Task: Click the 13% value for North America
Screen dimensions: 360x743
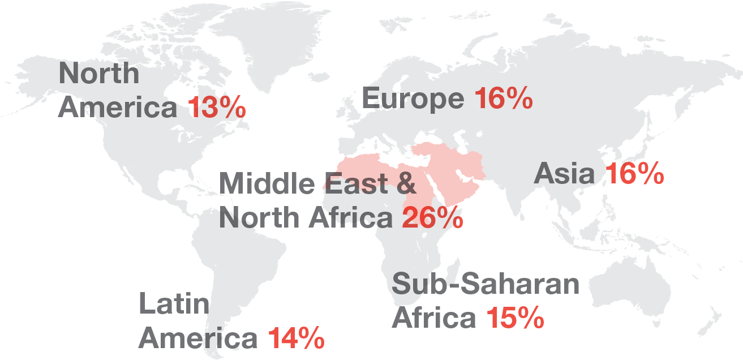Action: click(x=217, y=108)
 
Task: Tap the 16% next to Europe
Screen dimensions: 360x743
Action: click(x=503, y=99)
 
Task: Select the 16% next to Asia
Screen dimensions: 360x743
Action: click(x=634, y=174)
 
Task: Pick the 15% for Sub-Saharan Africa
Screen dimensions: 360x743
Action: click(x=515, y=318)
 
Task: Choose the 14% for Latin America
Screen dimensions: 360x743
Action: click(x=296, y=338)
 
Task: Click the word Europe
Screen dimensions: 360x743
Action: click(x=413, y=100)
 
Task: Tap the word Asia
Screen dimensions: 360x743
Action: click(x=564, y=174)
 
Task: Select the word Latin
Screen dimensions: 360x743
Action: click(x=174, y=304)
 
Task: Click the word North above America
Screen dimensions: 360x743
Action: click(x=99, y=74)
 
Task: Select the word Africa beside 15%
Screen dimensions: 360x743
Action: click(x=434, y=318)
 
